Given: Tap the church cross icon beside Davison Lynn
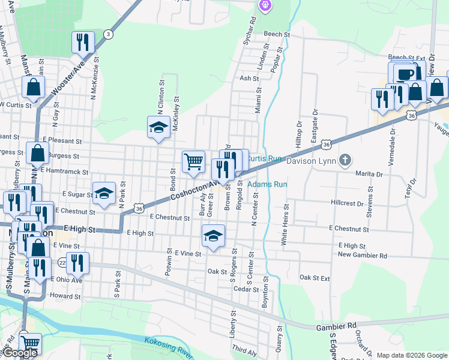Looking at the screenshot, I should [x=344, y=160].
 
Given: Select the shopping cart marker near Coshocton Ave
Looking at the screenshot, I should [x=193, y=161].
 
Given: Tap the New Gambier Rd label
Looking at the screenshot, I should [x=363, y=255].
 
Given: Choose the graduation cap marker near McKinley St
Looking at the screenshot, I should [x=158, y=127].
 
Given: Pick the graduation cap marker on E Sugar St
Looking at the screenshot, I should [x=104, y=193].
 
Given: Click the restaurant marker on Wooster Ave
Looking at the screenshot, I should [x=83, y=42].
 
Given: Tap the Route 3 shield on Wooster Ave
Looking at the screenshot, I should [x=107, y=34].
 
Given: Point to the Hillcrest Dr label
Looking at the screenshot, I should [x=347, y=203].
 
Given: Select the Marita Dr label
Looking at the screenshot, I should [x=369, y=174].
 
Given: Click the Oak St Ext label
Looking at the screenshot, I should [x=315, y=278].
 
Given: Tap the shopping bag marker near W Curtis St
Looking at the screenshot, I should [x=34, y=88].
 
